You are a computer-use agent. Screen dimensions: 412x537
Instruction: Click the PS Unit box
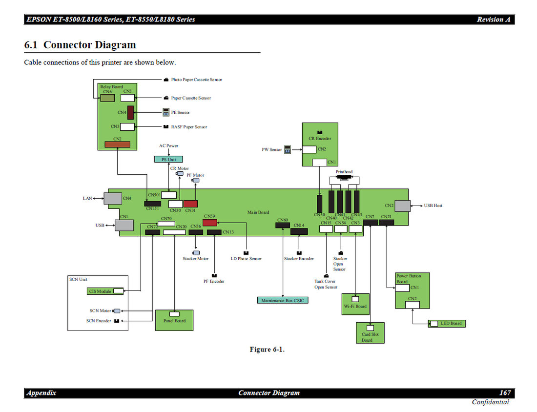(168, 159)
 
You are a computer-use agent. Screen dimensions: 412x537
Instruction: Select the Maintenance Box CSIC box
(283, 300)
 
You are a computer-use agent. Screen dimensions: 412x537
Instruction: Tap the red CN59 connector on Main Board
(209, 223)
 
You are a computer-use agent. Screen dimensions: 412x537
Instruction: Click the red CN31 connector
(190, 204)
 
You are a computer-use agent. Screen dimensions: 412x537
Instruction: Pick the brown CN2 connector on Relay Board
(118, 144)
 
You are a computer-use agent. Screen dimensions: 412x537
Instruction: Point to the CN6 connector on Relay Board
(107, 98)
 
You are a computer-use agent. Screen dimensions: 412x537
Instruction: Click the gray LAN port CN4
(113, 198)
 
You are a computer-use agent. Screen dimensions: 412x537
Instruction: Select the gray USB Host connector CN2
(403, 206)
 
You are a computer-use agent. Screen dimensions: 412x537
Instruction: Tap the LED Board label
(451, 323)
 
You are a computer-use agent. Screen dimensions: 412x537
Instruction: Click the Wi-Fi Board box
(355, 304)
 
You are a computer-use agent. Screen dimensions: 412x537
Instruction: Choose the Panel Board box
(174, 320)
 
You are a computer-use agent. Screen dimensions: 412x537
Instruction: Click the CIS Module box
(105, 291)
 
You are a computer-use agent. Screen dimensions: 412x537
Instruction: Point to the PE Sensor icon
(166, 112)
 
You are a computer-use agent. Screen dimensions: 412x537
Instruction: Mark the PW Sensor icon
(288, 149)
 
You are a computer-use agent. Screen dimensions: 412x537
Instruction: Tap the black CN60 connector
(283, 225)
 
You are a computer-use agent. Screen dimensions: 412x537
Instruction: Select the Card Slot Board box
(370, 333)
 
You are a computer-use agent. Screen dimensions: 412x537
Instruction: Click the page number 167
(505, 393)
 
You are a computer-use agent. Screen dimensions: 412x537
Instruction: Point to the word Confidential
(490, 402)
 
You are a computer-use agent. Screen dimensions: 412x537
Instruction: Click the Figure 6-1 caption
(267, 350)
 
